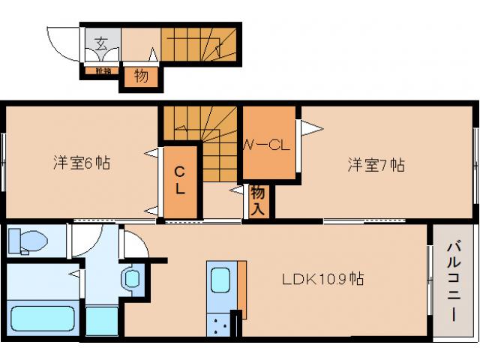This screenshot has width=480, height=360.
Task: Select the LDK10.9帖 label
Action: [x=323, y=279]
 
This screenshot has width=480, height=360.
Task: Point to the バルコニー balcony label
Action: [x=454, y=280]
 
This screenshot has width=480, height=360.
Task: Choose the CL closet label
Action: [x=179, y=181]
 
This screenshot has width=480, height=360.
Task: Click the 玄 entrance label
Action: [x=100, y=40]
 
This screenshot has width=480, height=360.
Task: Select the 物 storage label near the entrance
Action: [x=140, y=76]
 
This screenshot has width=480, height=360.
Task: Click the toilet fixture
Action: [x=28, y=241]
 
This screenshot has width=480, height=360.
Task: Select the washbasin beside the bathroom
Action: [x=132, y=280]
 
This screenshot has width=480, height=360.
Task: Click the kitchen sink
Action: [x=220, y=280]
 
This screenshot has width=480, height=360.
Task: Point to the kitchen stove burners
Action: [x=220, y=325]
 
